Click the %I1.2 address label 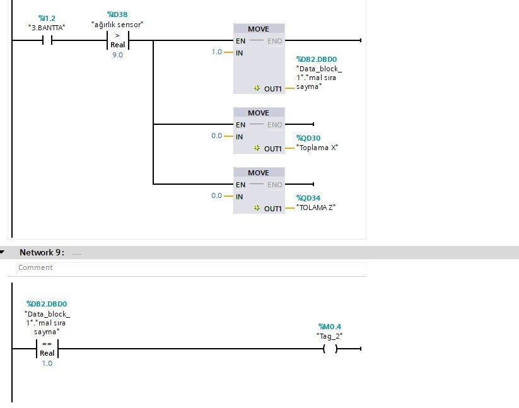tap(47, 19)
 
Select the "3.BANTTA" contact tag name tap(47, 28)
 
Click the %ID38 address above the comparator tap(118, 14)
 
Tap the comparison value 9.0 tap(117, 55)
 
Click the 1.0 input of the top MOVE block tap(217, 52)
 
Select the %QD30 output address tap(309, 137)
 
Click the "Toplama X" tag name tap(317, 148)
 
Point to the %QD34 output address tap(309, 197)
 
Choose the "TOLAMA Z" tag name tap(316, 207)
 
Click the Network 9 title tap(42, 252)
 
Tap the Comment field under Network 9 tap(35, 267)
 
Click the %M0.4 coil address tap(330, 327)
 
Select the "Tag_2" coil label tap(329, 335)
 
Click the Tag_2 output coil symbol tap(329, 348)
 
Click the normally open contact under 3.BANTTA tap(47, 40)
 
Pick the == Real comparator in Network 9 tap(47, 349)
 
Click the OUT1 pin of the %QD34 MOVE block tap(272, 208)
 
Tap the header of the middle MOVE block tap(259, 113)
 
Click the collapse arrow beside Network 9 tap(3, 252)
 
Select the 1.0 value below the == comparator tap(47, 363)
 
